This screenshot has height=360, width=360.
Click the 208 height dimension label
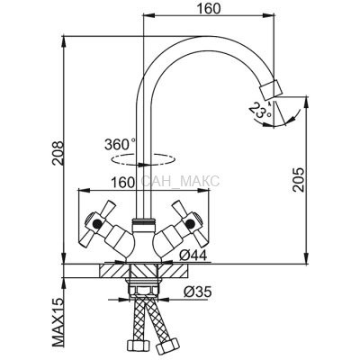pyautogui.click(x=57, y=153)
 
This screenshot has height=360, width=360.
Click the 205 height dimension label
pyautogui.click(x=299, y=180)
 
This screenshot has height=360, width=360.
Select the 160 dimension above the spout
pyautogui.click(x=209, y=8)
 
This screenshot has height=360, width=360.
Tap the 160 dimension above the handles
pyautogui.click(x=122, y=183)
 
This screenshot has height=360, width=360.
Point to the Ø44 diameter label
pyautogui.click(x=193, y=256)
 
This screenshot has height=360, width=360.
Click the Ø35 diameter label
pyautogui.click(x=197, y=292)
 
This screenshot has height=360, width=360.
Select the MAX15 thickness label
pyautogui.click(x=58, y=324)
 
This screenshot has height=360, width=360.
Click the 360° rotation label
pyautogui.click(x=120, y=144)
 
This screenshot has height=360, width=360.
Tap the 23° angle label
pyautogui.click(x=260, y=110)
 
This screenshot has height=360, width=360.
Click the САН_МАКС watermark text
pyautogui.click(x=180, y=182)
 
